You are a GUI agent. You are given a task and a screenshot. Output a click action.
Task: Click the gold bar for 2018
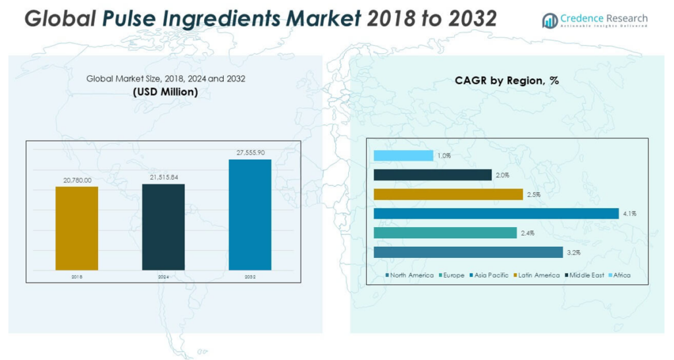click(76, 228)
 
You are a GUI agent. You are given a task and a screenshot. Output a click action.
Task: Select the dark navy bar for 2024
click(163, 226)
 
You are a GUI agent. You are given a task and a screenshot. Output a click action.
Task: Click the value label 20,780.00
click(76, 180)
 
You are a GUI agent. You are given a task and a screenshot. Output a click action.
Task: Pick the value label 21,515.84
click(163, 178)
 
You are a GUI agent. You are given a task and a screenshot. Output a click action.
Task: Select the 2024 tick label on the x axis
click(163, 277)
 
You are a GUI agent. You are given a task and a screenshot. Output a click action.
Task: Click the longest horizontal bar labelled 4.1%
click(496, 213)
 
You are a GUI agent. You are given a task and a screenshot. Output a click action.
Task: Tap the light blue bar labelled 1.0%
click(403, 155)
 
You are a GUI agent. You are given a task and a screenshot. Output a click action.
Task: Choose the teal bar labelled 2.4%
click(445, 233)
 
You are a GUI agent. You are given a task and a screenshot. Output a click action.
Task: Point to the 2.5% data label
click(532, 194)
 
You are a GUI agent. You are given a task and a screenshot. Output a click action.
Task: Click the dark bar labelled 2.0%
click(432, 175)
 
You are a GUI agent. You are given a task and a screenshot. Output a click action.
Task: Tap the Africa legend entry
click(619, 275)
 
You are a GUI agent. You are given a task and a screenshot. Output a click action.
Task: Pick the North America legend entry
click(409, 275)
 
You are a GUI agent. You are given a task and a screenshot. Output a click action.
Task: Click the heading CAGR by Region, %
click(506, 81)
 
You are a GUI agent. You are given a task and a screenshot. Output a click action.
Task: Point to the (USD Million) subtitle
click(165, 92)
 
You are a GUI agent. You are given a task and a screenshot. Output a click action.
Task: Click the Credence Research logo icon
click(550, 21)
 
